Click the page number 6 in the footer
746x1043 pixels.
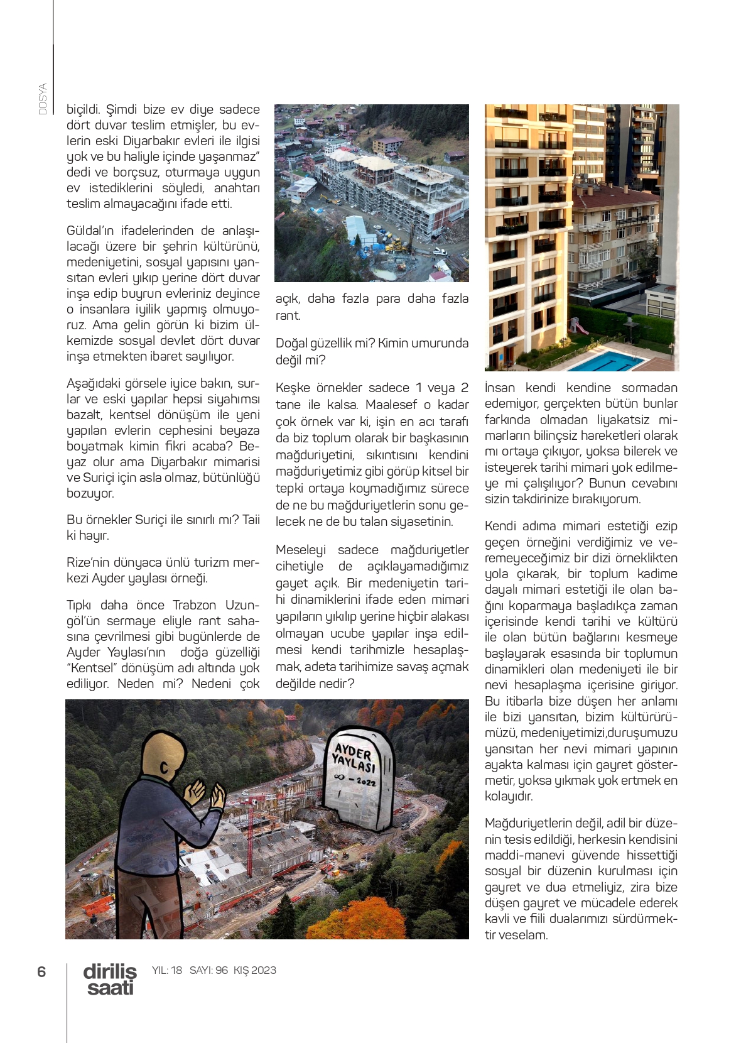(x=41, y=971)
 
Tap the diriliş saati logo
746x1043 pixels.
(x=110, y=979)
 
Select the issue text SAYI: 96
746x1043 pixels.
(x=208, y=970)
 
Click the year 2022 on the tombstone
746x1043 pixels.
(x=365, y=782)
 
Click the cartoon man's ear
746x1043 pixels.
(x=164, y=768)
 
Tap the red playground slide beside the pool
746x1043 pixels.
(x=579, y=325)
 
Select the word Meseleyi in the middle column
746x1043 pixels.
(x=300, y=550)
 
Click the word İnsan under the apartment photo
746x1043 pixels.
(x=500, y=388)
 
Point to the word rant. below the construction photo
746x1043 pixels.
(x=288, y=315)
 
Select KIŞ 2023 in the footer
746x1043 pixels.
(x=254, y=970)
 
